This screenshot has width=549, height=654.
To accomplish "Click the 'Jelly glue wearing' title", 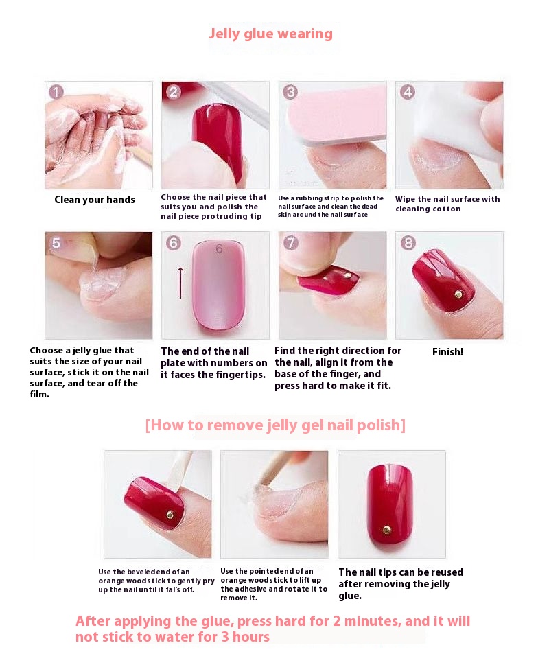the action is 271,34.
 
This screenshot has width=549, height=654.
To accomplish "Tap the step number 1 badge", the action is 56,92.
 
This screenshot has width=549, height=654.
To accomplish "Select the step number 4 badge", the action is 408,92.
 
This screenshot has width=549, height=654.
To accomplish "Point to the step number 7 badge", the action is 291,243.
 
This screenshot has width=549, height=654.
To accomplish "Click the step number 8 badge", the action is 408,243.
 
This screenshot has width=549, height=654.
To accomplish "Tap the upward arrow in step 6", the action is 180,283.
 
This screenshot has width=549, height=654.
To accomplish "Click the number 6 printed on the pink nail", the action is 220,249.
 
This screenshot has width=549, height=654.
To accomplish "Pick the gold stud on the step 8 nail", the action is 458,294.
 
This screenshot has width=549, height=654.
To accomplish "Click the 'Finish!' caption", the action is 447,352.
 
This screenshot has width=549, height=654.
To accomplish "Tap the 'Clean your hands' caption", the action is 95,200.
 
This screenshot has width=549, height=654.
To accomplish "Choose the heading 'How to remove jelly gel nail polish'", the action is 275,425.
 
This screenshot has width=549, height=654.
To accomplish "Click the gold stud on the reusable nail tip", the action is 387,530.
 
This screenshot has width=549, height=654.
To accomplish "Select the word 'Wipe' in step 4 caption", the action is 405,200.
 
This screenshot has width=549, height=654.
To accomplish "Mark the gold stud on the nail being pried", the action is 170,515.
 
